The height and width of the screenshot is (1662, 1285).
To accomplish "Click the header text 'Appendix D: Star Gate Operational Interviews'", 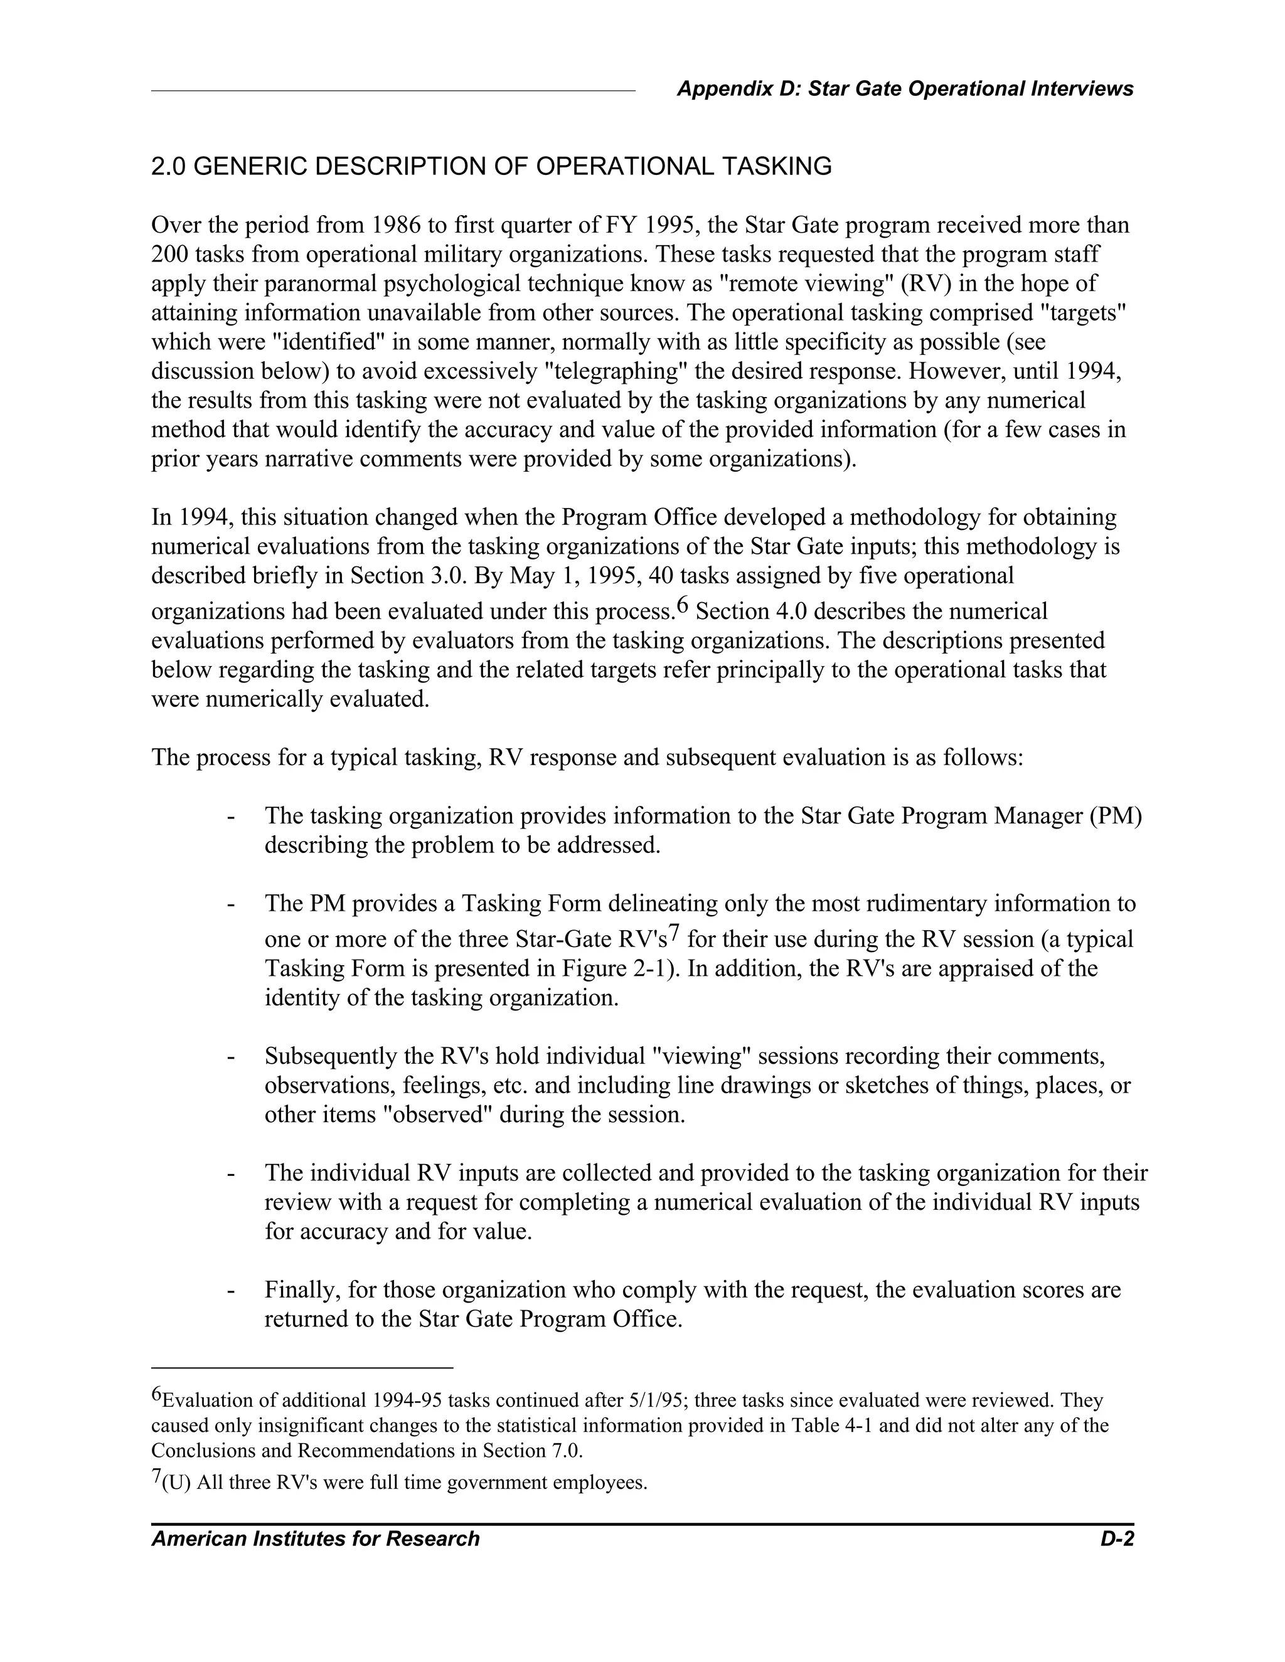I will (x=904, y=89).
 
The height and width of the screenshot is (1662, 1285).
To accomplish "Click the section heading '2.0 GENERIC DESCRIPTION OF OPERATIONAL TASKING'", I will (x=491, y=167).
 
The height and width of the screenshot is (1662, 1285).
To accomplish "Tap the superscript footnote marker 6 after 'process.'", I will (x=682, y=605).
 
